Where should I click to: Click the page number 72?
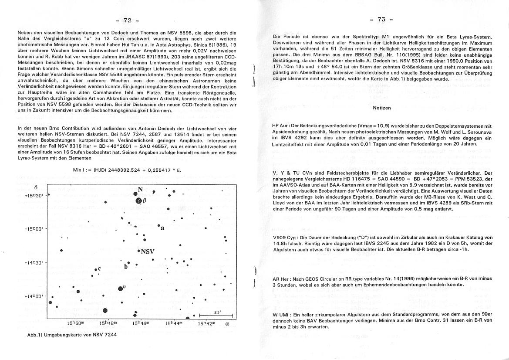(x=127, y=20)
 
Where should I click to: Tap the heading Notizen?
(x=382, y=108)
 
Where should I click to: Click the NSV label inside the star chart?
(x=148, y=251)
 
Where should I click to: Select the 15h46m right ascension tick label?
(x=141, y=323)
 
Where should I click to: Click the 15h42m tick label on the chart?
(x=207, y=323)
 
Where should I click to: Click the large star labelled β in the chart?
(x=139, y=201)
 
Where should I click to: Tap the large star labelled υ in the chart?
(x=120, y=288)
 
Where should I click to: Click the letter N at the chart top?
(x=140, y=190)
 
